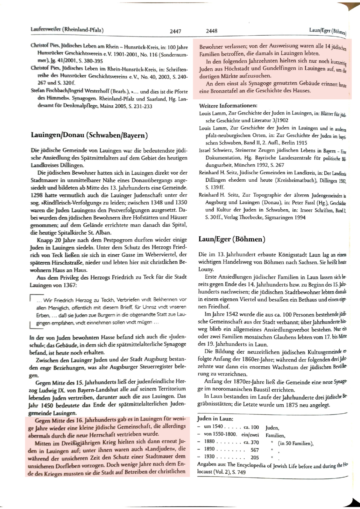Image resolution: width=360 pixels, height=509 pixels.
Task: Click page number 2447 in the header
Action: (x=175, y=31)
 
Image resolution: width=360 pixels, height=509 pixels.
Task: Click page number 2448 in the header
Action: (x=212, y=31)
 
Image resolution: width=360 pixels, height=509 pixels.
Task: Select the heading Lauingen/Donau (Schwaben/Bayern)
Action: (x=89, y=135)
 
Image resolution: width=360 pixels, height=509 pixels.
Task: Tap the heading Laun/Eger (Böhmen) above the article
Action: (x=232, y=239)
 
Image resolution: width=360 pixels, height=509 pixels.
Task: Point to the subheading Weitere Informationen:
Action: (x=228, y=106)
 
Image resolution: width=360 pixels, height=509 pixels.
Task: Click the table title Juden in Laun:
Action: (x=215, y=419)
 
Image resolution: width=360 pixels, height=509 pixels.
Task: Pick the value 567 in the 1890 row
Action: (x=255, y=450)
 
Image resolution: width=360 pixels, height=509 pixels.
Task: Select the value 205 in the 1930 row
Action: (x=255, y=457)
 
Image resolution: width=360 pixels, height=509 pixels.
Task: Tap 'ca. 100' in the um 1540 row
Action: (x=251, y=427)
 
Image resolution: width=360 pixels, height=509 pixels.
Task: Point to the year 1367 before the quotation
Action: (x=69, y=285)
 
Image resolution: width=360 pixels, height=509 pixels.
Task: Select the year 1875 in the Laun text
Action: (x=293, y=405)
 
